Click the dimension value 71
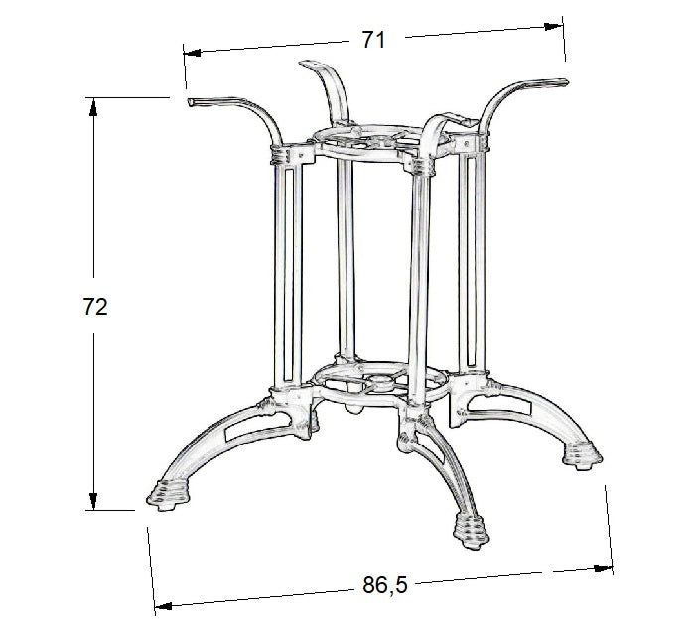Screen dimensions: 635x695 (x=372, y=40)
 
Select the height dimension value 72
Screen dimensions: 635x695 (x=94, y=306)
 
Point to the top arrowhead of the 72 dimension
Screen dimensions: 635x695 (x=93, y=102)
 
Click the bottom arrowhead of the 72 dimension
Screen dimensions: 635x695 (x=93, y=504)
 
